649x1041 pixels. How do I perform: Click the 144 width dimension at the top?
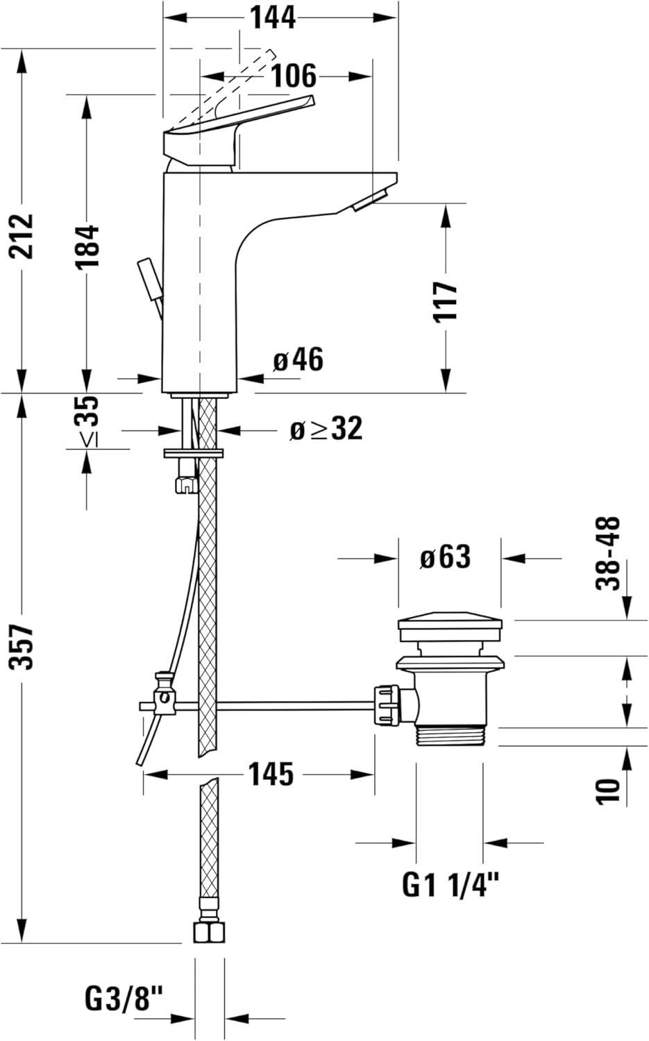[x=273, y=18]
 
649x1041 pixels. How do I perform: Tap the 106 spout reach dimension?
[x=294, y=76]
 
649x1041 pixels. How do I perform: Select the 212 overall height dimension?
[x=22, y=236]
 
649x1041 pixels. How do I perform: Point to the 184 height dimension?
[x=87, y=247]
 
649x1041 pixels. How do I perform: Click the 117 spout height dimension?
[x=446, y=302]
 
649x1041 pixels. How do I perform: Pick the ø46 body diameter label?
[x=298, y=359]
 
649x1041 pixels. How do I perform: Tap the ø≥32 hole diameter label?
[x=326, y=428]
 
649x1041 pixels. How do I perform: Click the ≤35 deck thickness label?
[x=87, y=421]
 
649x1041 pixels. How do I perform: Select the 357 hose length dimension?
[x=22, y=648]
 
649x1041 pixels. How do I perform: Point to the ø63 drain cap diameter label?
[x=445, y=557]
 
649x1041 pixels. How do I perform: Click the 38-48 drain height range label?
[x=609, y=553]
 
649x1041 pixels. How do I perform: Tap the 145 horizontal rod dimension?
[x=271, y=775]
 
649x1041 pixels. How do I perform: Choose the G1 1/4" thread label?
[x=450, y=885]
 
